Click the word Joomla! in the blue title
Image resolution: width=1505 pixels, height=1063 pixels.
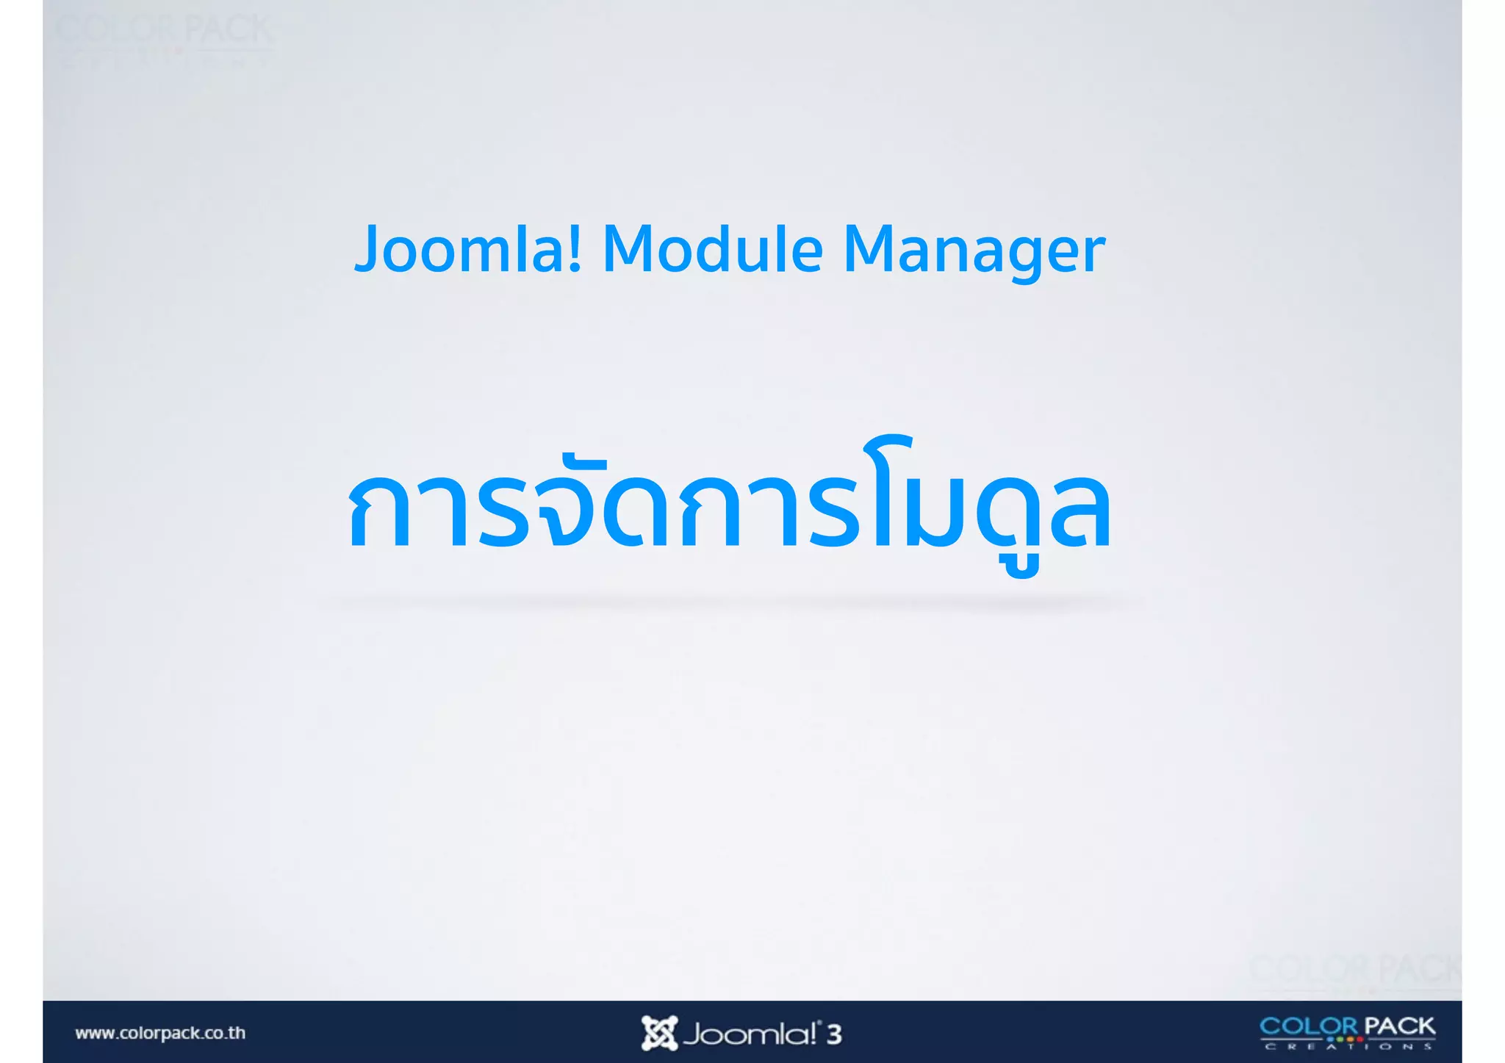468,250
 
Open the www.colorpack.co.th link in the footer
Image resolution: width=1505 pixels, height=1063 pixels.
160,1033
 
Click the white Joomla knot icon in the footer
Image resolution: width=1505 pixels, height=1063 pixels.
658,1033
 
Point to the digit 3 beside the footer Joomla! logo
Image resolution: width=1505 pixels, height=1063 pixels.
833,1034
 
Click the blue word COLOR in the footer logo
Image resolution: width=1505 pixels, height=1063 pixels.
1309,1026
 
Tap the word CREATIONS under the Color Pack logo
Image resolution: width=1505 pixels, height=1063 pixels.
1348,1046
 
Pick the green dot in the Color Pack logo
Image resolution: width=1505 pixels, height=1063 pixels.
1340,1039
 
